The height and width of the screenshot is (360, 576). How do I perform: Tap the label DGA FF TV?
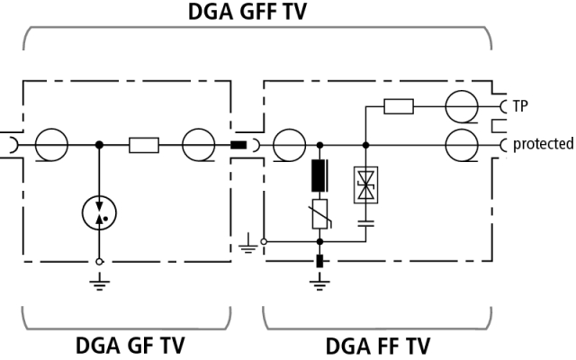pyautogui.click(x=377, y=345)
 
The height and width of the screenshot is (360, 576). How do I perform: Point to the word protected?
pyautogui.click(x=543, y=144)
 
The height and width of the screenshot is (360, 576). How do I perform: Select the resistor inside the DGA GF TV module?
pyautogui.click(x=144, y=144)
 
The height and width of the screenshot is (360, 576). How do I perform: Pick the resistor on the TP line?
pyautogui.click(x=398, y=107)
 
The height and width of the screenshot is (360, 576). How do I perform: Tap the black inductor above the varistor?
pyautogui.click(x=319, y=174)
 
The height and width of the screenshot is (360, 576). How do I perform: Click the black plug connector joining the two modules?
pyautogui.click(x=239, y=144)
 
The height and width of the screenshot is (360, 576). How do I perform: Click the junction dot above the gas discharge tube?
pyautogui.click(x=99, y=144)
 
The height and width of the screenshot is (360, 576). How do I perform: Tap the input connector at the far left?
pyautogui.click(x=8, y=144)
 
